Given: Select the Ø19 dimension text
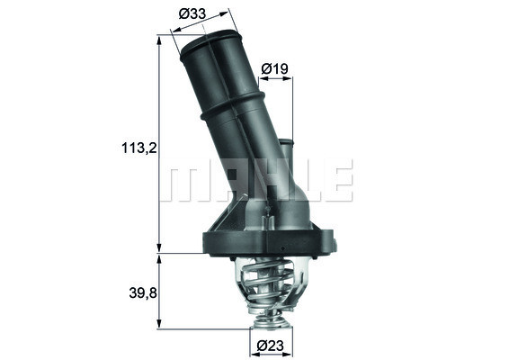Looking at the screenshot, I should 273,67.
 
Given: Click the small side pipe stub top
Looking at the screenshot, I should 286,142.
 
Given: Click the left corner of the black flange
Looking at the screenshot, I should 202,238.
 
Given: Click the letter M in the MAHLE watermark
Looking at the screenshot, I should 185,180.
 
